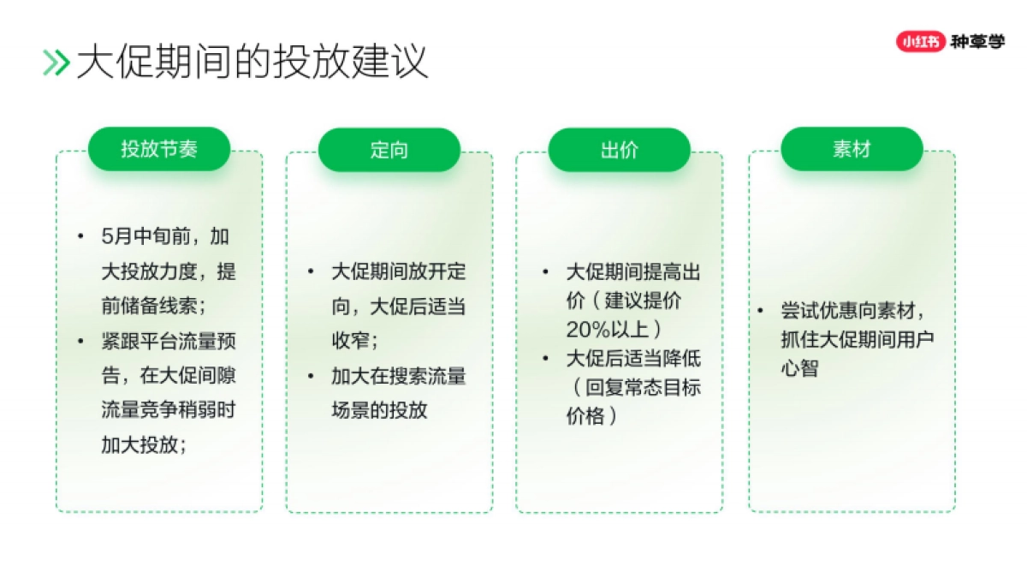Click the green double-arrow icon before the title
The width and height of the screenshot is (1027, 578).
click(x=56, y=63)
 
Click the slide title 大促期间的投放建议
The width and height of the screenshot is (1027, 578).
click(x=252, y=63)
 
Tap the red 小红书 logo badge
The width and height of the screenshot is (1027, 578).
click(x=920, y=40)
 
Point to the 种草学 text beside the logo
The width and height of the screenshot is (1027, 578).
click(x=977, y=40)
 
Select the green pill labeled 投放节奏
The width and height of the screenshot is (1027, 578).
click(x=159, y=149)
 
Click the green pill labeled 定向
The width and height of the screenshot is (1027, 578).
click(x=389, y=150)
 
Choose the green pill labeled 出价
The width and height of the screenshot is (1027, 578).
click(x=619, y=150)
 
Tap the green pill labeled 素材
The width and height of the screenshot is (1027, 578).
click(x=852, y=149)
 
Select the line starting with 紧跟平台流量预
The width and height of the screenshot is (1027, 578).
click(x=169, y=341)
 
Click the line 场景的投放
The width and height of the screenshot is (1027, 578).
click(x=379, y=409)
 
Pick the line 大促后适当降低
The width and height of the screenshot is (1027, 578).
click(x=633, y=358)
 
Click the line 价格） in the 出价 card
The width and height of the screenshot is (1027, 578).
click(x=591, y=416)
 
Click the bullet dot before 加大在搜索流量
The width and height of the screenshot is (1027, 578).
click(x=311, y=376)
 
